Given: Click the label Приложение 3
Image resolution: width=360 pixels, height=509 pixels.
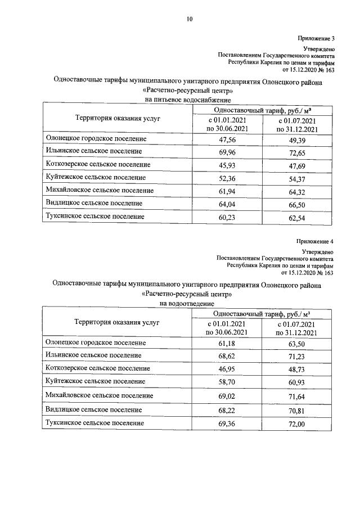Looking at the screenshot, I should coord(316,39).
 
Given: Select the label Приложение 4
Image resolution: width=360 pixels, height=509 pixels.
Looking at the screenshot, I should coord(316,242).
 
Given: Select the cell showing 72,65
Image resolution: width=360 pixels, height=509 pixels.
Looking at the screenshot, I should coord(296,151).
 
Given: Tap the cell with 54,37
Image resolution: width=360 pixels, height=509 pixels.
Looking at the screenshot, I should coord(296,177).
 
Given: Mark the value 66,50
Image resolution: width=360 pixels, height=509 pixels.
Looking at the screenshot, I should coord(296,203).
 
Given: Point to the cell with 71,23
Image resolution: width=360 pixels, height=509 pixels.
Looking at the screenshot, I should coord(296,356).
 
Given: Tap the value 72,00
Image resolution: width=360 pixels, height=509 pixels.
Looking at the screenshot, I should coord(296,422).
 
